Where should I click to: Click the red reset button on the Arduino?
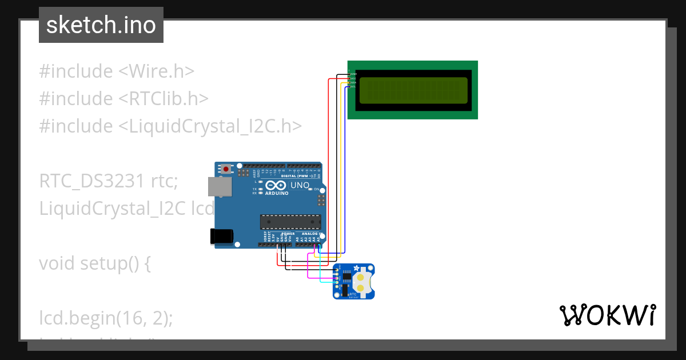click(226, 169)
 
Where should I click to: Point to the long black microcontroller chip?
click(290, 222)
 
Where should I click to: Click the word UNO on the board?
click(300, 186)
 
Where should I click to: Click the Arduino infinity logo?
click(274, 185)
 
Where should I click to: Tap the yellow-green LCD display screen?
click(413, 90)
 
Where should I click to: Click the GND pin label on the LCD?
click(353, 74)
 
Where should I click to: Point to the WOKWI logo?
click(607, 315)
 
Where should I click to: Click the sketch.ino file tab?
click(101, 25)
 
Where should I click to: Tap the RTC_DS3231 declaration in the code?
click(91, 181)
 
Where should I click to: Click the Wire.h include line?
click(117, 71)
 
